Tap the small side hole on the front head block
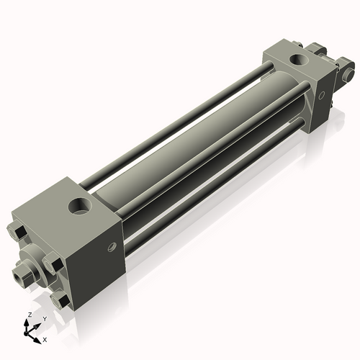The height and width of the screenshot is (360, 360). pos(111,247)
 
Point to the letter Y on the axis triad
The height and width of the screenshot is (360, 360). pos(44,318)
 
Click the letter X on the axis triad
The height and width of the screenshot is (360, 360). pos(45,338)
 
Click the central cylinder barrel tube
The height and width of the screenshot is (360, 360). pos(194,144)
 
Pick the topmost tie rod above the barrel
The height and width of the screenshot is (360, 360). pos(180,115)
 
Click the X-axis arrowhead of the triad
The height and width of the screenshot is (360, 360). pos(37,336)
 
